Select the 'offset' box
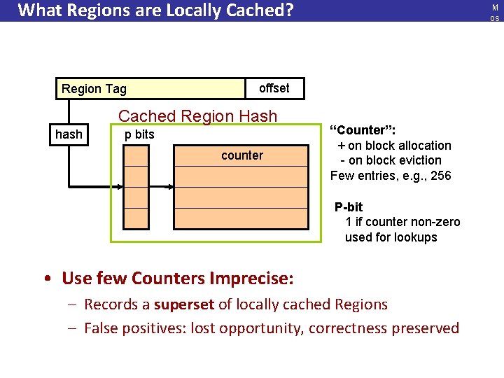(274, 88)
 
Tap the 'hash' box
(69, 134)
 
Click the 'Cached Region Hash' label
(197, 116)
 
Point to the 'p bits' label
(139, 134)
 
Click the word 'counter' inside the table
(242, 155)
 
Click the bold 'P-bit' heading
(349, 207)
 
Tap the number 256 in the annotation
(440, 176)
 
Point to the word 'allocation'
(420, 146)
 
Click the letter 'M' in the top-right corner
(495, 7)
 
